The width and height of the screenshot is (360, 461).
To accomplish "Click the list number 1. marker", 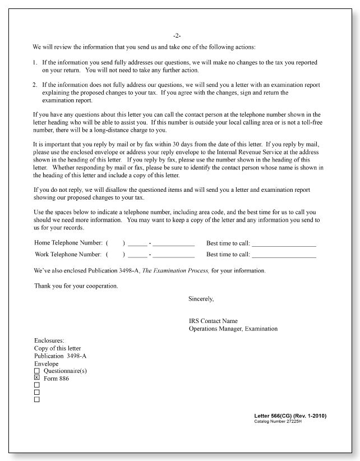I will click(35, 62).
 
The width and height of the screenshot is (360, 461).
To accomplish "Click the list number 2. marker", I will click(35, 85).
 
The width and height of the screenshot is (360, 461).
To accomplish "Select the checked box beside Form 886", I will click(37, 377).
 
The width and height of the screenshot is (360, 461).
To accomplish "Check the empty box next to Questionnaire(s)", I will click(37, 371).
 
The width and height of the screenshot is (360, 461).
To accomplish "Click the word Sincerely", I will click(201, 299).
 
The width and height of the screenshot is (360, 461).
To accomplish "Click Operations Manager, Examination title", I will click(233, 329).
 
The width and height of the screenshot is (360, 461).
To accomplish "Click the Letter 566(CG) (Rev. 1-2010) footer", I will click(290, 416).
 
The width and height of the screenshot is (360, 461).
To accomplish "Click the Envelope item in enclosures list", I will click(47, 363).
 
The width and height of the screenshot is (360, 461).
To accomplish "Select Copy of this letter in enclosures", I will click(57, 348).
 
